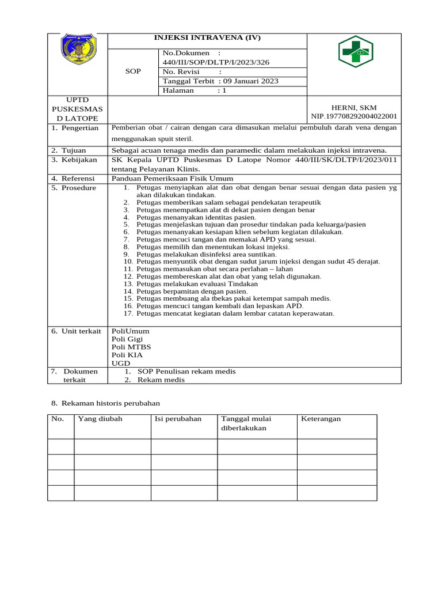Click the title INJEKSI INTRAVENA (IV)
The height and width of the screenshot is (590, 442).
coord(207,38)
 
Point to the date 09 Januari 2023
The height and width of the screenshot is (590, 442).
coord(246,81)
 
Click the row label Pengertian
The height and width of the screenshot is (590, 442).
coord(80,128)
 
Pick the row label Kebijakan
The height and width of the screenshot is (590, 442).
coord(79,160)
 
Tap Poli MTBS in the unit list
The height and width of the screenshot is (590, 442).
coord(131,347)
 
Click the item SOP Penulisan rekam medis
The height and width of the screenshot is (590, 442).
coord(186,372)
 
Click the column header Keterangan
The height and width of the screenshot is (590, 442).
coord(321,419)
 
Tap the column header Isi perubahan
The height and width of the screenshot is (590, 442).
coord(178,419)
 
